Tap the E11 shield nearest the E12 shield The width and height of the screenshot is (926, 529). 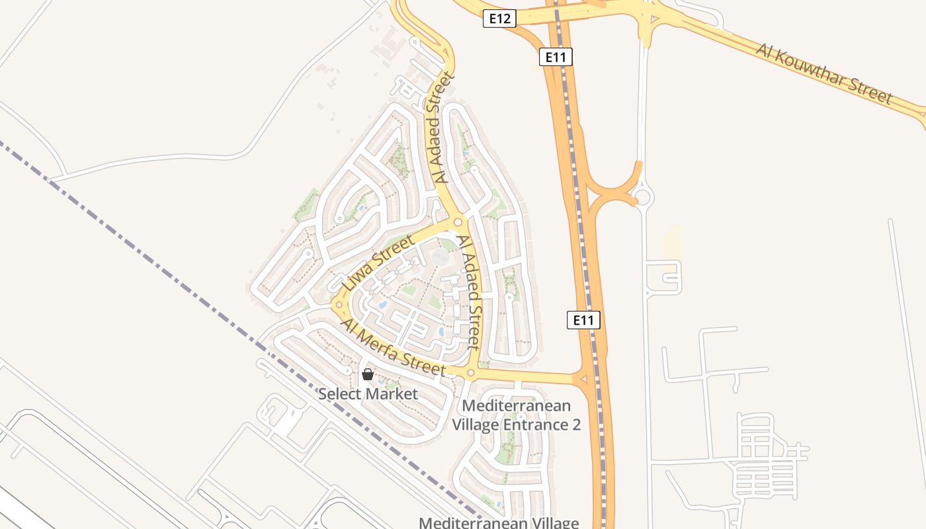[556, 57]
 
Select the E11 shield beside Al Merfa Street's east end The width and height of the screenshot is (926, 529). [583, 320]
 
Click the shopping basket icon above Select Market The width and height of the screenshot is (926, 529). [368, 375]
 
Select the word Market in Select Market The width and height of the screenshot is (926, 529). [393, 394]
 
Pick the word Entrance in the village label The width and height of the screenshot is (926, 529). [534, 425]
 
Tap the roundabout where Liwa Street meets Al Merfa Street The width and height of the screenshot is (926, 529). [339, 305]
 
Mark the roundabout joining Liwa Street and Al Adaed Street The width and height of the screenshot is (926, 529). [458, 222]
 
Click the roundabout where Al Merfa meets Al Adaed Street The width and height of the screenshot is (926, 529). [470, 374]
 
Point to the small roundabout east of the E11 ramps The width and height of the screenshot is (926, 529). [642, 196]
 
